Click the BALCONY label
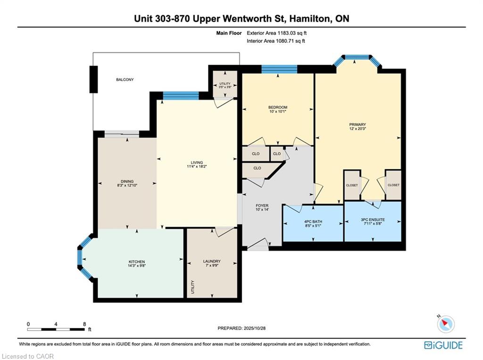coord(125,79)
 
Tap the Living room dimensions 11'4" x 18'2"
coord(197,166)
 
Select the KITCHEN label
coord(136,262)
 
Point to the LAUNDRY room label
coord(212,261)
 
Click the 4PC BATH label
coord(313,221)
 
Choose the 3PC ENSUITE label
coord(373,220)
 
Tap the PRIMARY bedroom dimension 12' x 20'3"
coord(358,129)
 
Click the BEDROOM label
coord(278,107)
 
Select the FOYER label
coord(262,205)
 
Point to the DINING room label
coord(127,181)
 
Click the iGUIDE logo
coord(443,345)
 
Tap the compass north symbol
coord(445,324)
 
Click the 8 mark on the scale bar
coord(84,324)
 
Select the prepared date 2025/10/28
coord(254,328)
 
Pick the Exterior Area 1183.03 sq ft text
coord(276,33)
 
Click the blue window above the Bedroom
coord(279,69)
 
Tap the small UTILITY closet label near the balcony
coord(225,84)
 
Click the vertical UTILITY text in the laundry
coord(193,287)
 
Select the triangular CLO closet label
coord(257,168)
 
